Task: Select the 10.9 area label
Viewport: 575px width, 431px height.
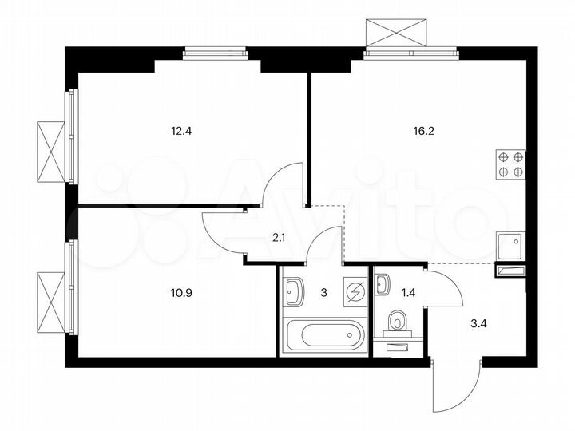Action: point(182,292)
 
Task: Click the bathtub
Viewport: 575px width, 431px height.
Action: point(324,334)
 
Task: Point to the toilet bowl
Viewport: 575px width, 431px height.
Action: point(397,322)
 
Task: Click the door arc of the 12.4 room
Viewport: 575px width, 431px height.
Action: point(281,182)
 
